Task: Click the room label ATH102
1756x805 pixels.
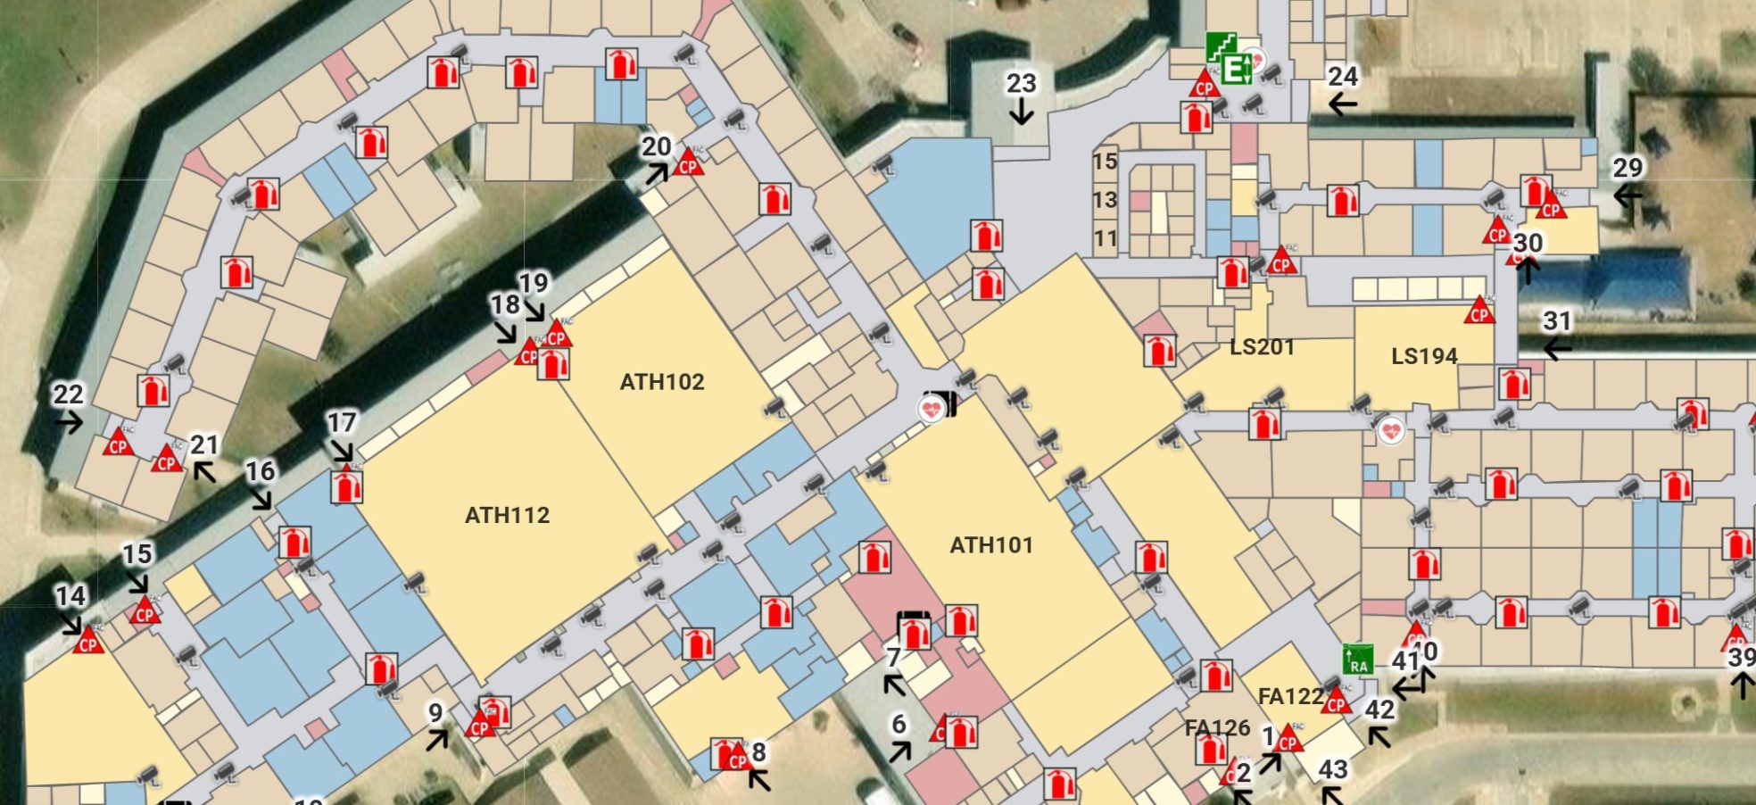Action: pyautogui.click(x=662, y=382)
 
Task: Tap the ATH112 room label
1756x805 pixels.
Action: pyautogui.click(x=507, y=515)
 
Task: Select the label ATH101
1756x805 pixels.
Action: pyautogui.click(x=991, y=545)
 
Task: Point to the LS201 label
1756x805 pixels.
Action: pyautogui.click(x=1262, y=347)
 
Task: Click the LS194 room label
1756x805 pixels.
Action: pyautogui.click(x=1424, y=356)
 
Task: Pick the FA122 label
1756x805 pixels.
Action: pyautogui.click(x=1290, y=696)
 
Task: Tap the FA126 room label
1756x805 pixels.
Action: pyautogui.click(x=1217, y=728)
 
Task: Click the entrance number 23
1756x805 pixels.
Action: pyautogui.click(x=1021, y=84)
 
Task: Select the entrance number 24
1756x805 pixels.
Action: pyautogui.click(x=1343, y=77)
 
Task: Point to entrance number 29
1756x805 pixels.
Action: pyautogui.click(x=1628, y=168)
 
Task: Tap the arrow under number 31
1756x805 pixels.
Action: pyautogui.click(x=1557, y=349)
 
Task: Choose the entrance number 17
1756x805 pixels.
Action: pyautogui.click(x=341, y=422)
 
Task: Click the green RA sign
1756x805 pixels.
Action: pyautogui.click(x=1358, y=660)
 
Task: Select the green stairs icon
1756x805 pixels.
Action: pyautogui.click(x=1221, y=46)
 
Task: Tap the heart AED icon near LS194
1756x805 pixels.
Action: pyautogui.click(x=1390, y=432)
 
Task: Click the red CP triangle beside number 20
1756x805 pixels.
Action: pyautogui.click(x=688, y=163)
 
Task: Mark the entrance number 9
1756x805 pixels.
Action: pyautogui.click(x=435, y=712)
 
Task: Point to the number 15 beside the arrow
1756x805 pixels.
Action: pyautogui.click(x=137, y=554)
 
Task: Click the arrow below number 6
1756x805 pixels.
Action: pyautogui.click(x=900, y=751)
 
